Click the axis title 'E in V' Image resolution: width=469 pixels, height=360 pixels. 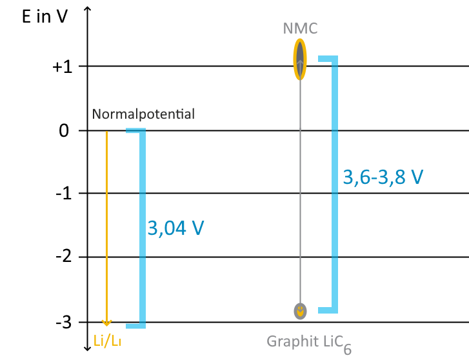[x=45, y=17]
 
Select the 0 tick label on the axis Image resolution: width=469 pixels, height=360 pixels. [x=64, y=131]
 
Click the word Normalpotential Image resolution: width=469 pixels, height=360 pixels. [x=143, y=115]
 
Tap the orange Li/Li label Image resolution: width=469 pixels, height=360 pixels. [x=107, y=341]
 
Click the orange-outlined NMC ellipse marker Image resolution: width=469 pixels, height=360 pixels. [x=300, y=59]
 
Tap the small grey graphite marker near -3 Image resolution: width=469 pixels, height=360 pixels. [x=300, y=311]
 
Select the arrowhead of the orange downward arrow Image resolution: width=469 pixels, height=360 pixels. [x=107, y=322]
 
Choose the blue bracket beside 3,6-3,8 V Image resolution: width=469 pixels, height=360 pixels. [x=334, y=184]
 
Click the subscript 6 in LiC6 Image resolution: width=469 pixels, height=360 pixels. [x=347, y=349]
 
